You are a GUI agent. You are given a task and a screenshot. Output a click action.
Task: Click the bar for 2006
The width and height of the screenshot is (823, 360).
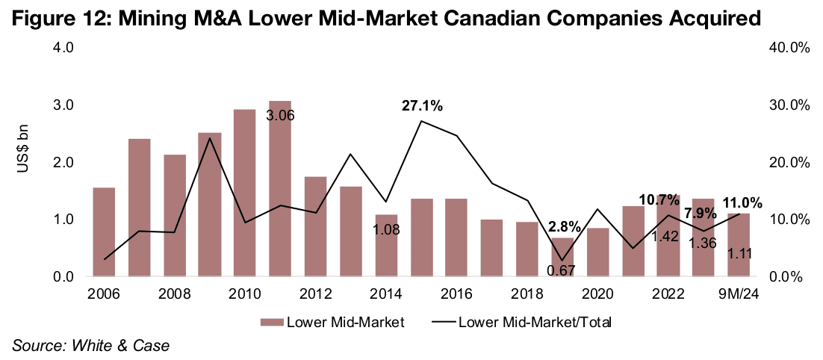pyautogui.click(x=104, y=232)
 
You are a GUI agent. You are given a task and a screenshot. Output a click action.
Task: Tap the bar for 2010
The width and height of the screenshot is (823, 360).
pyautogui.click(x=244, y=193)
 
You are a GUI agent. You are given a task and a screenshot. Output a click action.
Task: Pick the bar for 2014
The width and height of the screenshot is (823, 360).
pyautogui.click(x=386, y=246)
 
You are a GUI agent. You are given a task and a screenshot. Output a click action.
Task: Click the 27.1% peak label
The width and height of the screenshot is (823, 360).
pyautogui.click(x=422, y=106)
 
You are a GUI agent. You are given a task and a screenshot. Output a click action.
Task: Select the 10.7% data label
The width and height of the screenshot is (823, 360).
pyautogui.click(x=659, y=200)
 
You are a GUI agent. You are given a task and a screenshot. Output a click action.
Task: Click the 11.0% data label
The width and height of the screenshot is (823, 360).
pyautogui.click(x=742, y=202)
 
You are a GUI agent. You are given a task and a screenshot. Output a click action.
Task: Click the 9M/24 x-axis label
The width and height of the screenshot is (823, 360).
pyautogui.click(x=740, y=294)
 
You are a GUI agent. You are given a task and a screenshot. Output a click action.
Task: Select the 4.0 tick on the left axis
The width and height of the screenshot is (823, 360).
pyautogui.click(x=63, y=48)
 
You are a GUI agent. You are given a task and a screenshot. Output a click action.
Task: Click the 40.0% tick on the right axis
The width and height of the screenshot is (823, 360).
pyautogui.click(x=789, y=48)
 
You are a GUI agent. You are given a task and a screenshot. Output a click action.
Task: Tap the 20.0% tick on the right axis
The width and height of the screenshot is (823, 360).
pyautogui.click(x=789, y=163)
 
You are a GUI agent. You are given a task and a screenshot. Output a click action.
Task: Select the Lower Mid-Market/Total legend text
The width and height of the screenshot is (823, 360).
pyautogui.click(x=535, y=322)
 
